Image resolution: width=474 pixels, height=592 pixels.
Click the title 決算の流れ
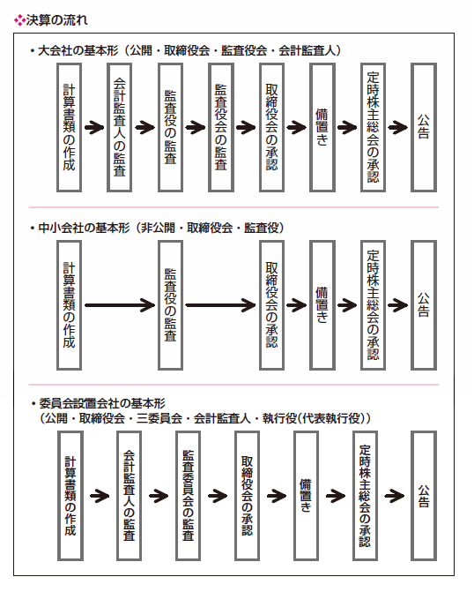[x=57, y=20]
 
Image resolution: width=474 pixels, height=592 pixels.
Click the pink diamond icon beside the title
[x=19, y=20]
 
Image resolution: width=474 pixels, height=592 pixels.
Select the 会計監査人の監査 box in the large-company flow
[x=119, y=128]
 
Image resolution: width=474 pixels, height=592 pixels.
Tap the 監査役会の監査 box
[x=221, y=128]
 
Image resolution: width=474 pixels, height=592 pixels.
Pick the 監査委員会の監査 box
[x=188, y=496]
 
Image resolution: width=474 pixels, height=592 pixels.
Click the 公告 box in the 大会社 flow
[x=424, y=128]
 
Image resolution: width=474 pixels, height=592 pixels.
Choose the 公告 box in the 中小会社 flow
[x=424, y=305]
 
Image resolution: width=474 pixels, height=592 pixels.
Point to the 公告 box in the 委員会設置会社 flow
[x=424, y=496]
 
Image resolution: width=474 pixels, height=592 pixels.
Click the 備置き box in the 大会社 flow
[x=322, y=128]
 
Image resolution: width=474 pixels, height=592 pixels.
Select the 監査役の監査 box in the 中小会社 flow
[x=170, y=305]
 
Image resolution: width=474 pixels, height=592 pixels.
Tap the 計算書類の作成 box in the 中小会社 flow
[x=69, y=305]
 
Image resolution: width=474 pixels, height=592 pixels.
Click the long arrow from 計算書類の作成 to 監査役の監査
[x=120, y=305]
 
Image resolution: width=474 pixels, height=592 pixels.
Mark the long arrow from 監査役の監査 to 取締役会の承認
[x=220, y=305]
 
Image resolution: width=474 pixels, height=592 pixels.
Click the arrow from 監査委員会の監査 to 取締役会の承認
[x=218, y=496]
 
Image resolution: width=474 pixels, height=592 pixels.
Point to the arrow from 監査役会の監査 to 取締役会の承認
[x=246, y=128]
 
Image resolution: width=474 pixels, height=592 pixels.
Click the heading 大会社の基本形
[x=78, y=50]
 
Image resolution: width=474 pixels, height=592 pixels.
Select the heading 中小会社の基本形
[x=84, y=228]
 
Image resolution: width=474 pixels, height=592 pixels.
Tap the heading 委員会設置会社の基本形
[x=102, y=403]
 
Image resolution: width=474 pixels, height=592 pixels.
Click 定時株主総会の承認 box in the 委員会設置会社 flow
[x=365, y=496]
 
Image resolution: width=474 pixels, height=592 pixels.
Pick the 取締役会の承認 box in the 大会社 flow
[x=271, y=128]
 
